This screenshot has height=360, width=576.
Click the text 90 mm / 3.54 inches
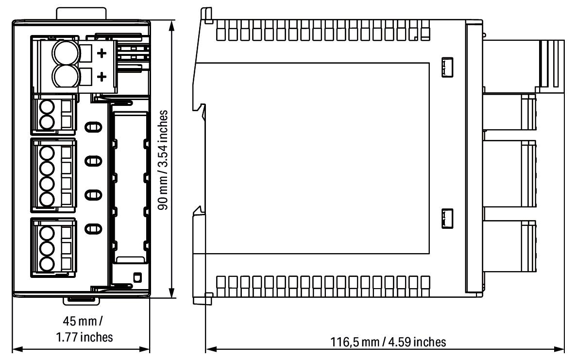165,159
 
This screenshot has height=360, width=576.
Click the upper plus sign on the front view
102,53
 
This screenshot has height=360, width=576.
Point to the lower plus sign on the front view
102,77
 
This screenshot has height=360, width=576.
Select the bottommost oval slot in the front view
94,227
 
